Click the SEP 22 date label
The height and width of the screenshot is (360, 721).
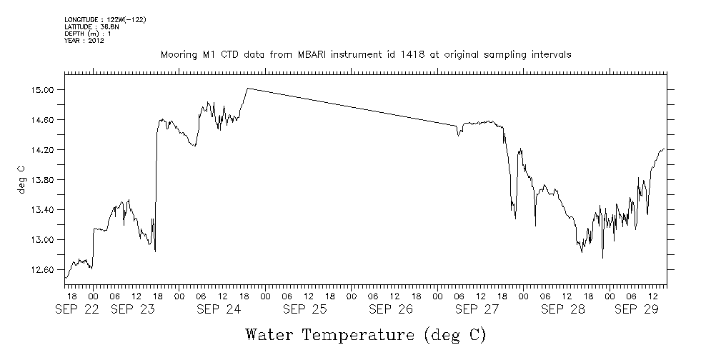pyautogui.click(x=79, y=309)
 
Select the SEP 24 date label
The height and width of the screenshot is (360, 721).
pyautogui.click(x=219, y=309)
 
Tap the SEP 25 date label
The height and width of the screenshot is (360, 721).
pyautogui.click(x=304, y=309)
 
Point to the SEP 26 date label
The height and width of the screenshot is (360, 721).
pyautogui.click(x=390, y=309)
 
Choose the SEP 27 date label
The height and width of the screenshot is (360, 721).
pyautogui.click(x=477, y=309)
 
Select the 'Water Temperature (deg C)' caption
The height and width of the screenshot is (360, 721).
pyautogui.click(x=366, y=334)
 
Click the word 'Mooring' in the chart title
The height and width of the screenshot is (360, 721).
pyautogui.click(x=177, y=54)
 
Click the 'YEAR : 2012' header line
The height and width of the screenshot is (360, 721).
pyautogui.click(x=84, y=41)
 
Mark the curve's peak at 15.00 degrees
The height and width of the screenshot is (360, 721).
pyautogui.click(x=247, y=88)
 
